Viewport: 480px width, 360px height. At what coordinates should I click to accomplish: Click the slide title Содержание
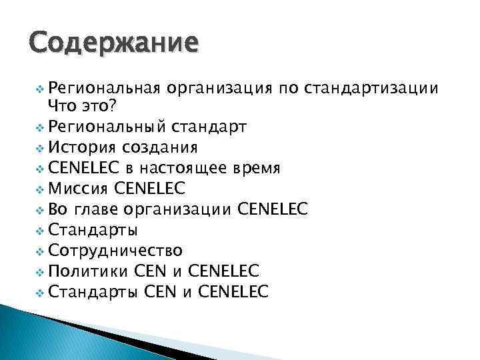click(x=114, y=43)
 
